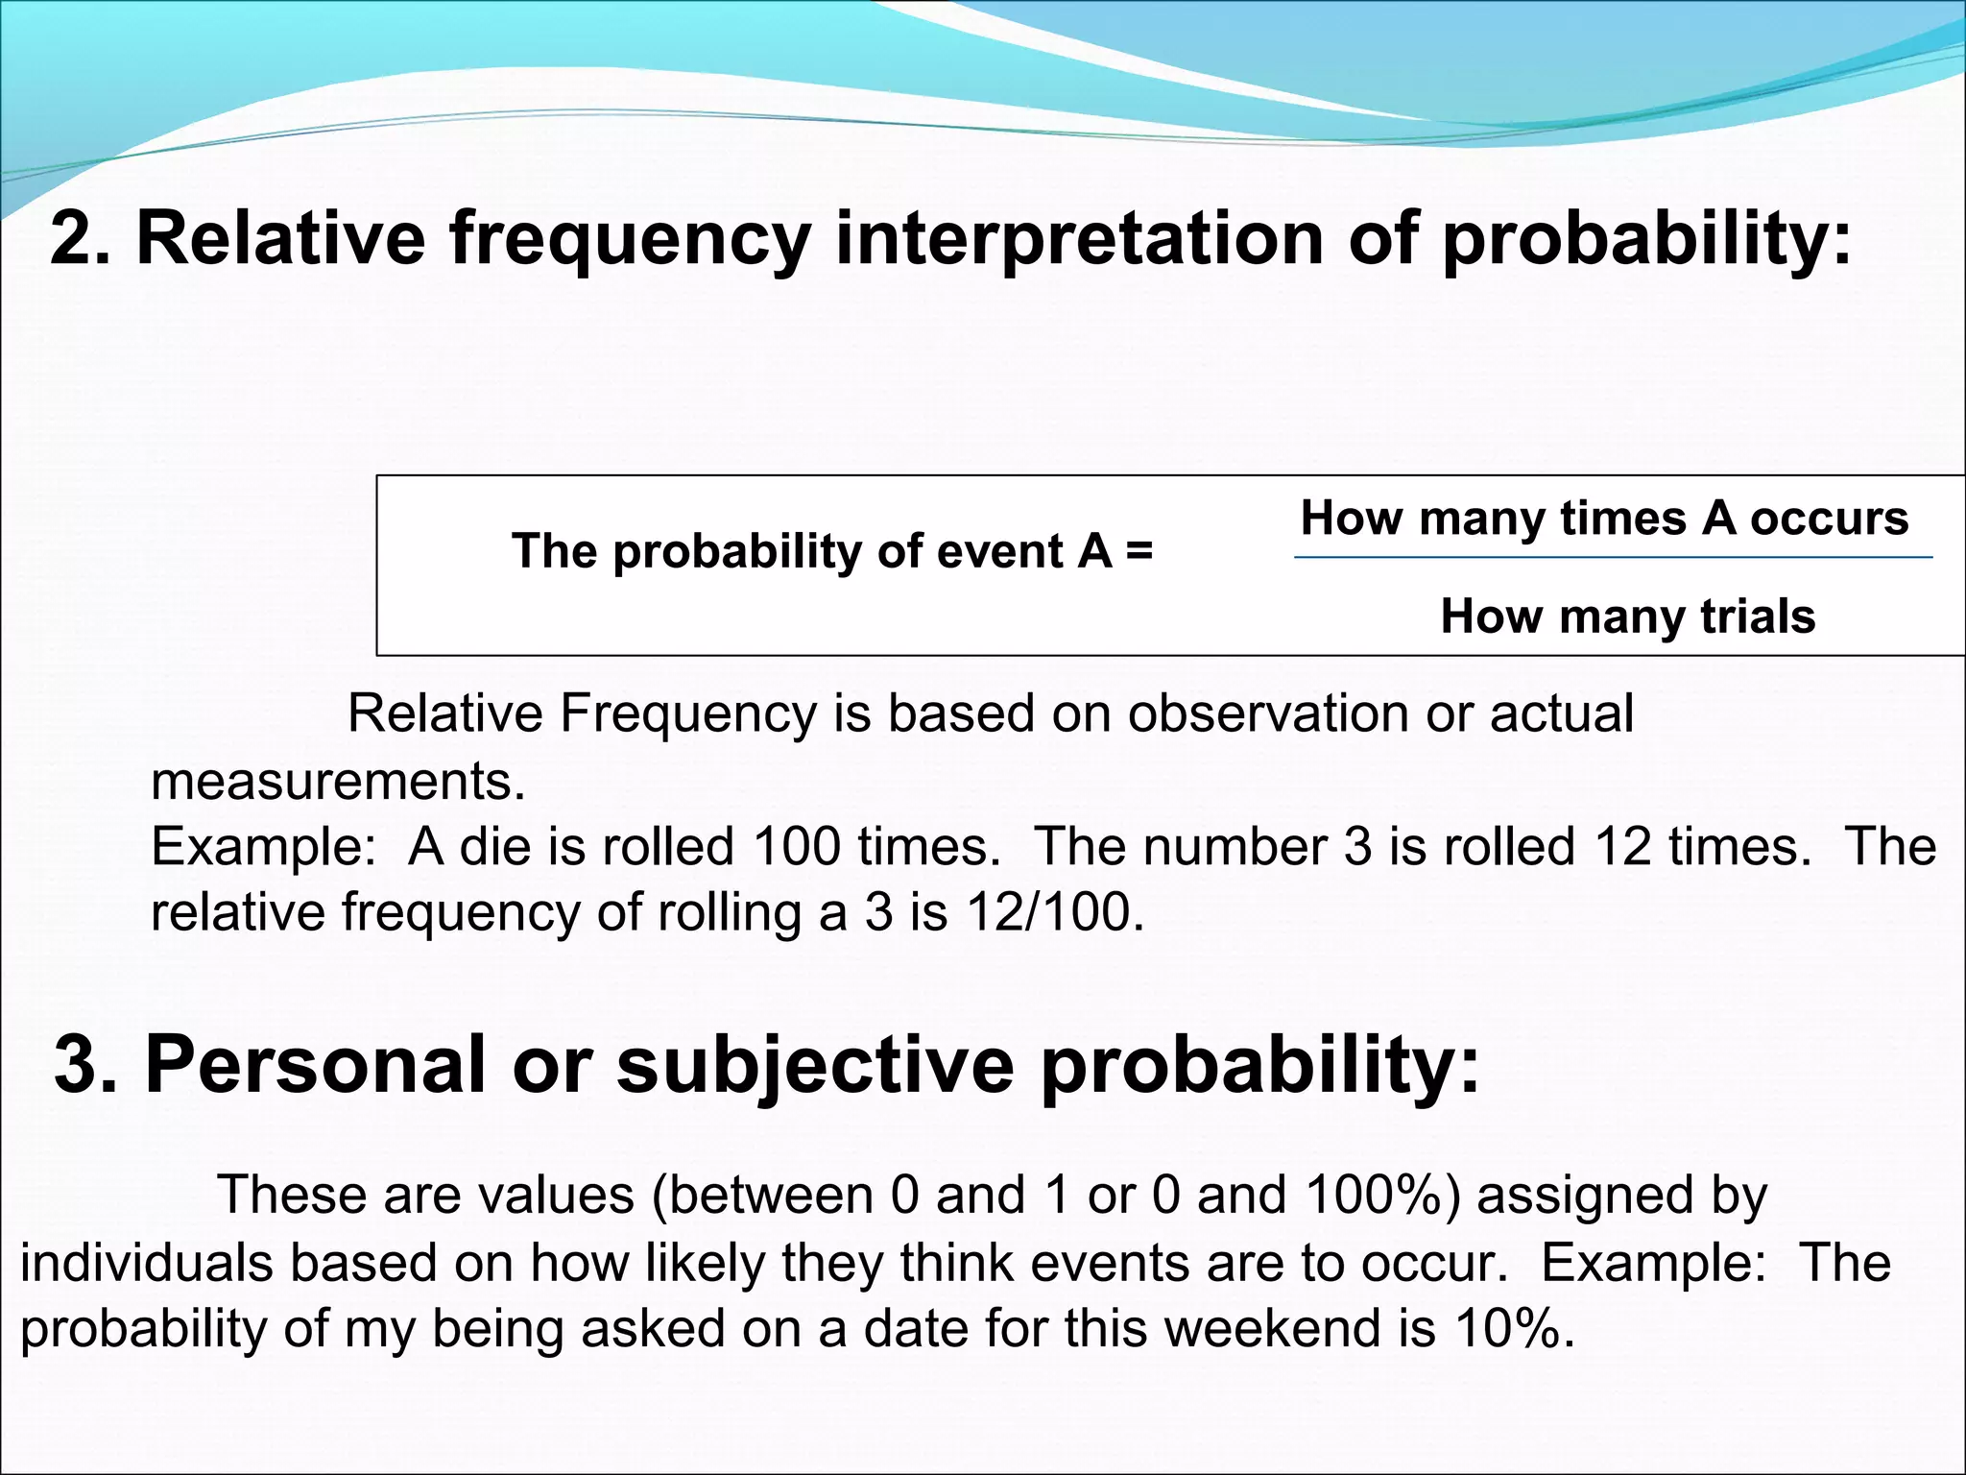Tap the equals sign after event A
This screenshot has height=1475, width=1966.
[1139, 551]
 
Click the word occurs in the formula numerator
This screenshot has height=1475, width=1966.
[1829, 519]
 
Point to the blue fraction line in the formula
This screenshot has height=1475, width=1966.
[1613, 557]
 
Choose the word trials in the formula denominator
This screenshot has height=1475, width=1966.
[1758, 616]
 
